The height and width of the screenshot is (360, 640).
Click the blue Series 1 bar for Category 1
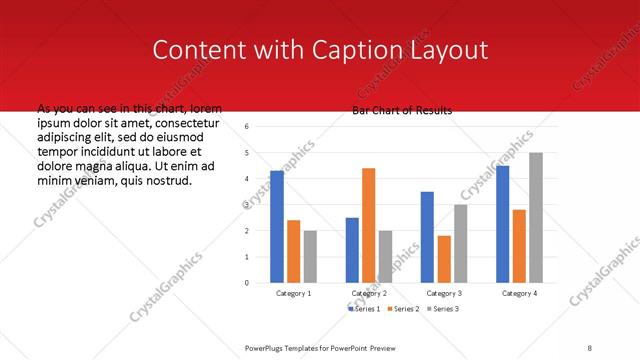pyautogui.click(x=277, y=227)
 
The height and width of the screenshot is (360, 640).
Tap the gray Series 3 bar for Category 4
pyautogui.click(x=536, y=218)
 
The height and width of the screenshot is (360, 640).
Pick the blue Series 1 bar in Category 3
pyautogui.click(x=427, y=237)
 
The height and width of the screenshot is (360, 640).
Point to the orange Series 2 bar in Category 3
pyautogui.click(x=443, y=259)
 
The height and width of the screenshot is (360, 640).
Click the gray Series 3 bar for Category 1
pyautogui.click(x=310, y=256)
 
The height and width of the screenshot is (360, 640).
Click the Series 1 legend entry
pyautogui.click(x=366, y=309)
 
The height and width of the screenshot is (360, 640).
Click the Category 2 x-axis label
pyautogui.click(x=368, y=294)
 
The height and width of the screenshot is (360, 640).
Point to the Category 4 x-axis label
pyautogui.click(x=519, y=294)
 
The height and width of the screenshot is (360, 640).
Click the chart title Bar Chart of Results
pyautogui.click(x=402, y=110)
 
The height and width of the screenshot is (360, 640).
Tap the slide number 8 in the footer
pyautogui.click(x=590, y=347)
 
